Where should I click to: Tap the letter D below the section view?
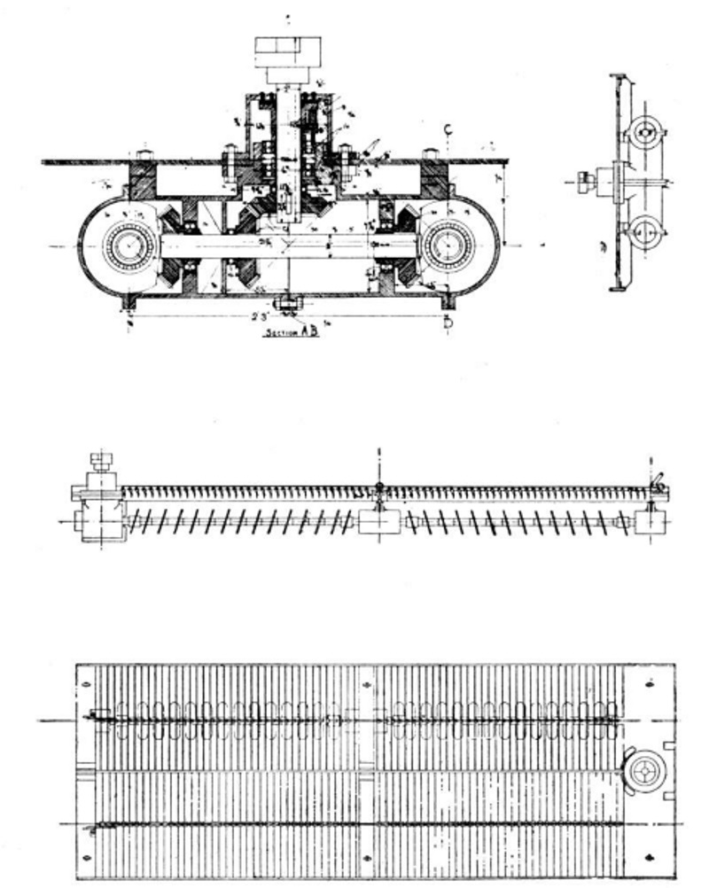448,323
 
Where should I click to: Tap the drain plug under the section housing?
287,305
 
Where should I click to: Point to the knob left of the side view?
584,183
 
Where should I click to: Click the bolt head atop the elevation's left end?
102,461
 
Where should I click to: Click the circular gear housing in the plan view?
644,767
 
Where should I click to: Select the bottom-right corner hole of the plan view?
652,857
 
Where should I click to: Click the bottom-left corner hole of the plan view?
87,857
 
